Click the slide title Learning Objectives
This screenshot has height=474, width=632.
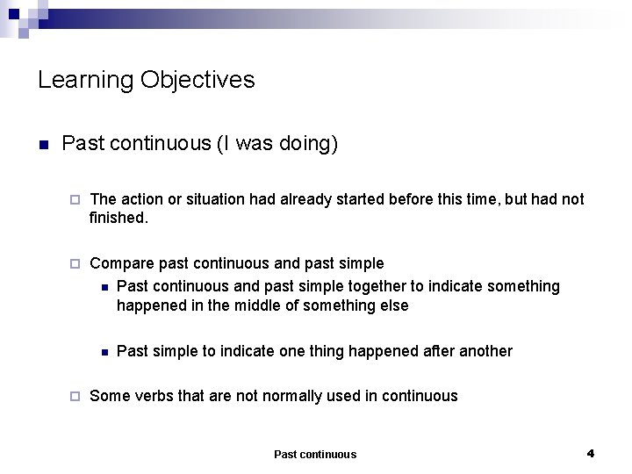tap(146, 80)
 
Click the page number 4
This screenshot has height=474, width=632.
tap(591, 453)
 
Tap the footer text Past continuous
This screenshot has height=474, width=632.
tap(315, 454)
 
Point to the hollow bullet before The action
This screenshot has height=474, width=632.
tap(75, 200)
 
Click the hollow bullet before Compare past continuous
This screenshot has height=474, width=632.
tap(75, 263)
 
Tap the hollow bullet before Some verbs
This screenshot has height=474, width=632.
tap(75, 396)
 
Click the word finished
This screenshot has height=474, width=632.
tap(118, 217)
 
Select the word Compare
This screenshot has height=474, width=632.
tap(121, 263)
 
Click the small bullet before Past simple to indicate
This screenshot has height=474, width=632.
tap(104, 352)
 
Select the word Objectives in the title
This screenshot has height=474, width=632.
tap(200, 80)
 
